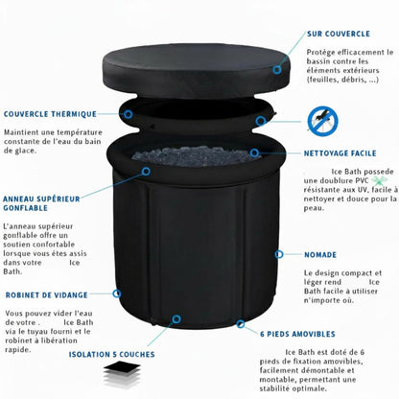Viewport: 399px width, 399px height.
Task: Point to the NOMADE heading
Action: click(x=320, y=255)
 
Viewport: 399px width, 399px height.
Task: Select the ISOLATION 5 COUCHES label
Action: click(x=111, y=354)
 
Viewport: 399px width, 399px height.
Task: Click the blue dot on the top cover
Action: click(x=279, y=66)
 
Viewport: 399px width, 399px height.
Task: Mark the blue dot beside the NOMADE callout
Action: click(x=278, y=255)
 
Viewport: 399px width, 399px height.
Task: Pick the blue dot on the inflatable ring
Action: click(x=145, y=170)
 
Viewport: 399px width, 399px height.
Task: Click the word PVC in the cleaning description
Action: click(x=370, y=181)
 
